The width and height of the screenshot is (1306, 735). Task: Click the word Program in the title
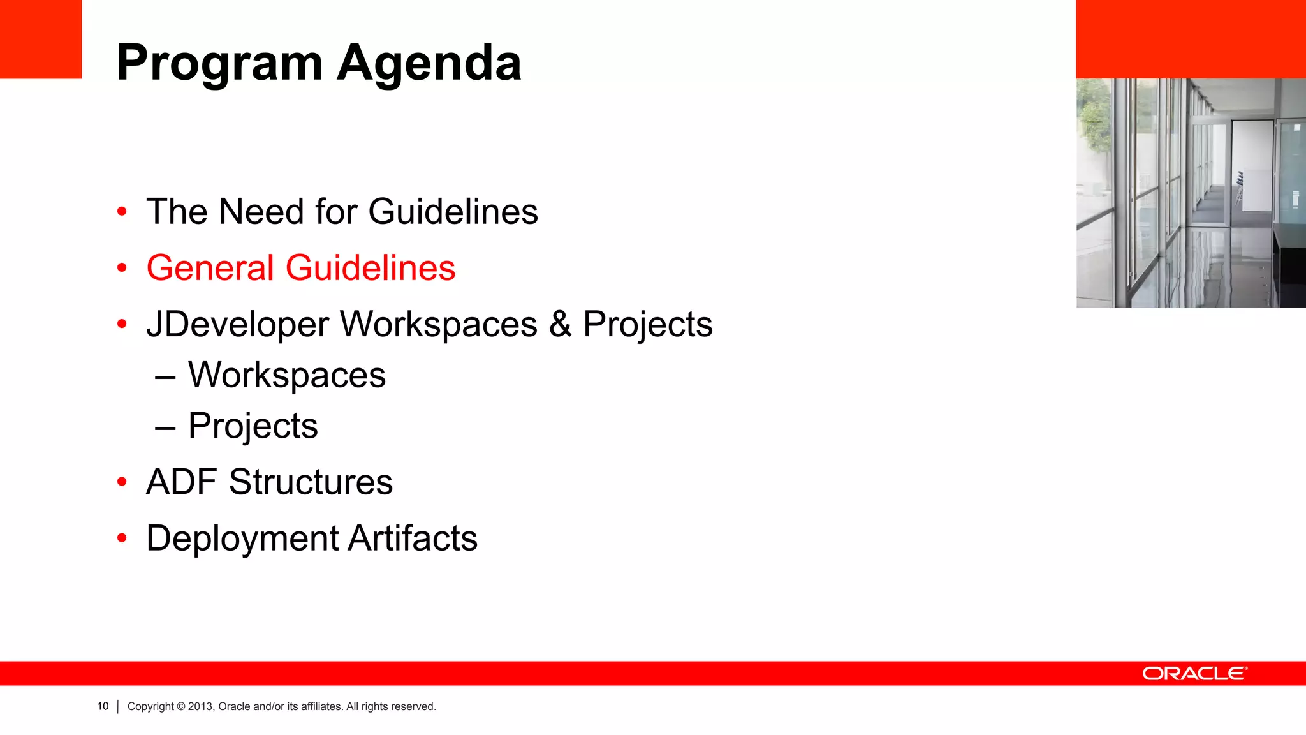click(219, 64)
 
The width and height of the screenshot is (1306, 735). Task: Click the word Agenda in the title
click(429, 64)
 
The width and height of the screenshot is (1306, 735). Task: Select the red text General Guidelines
click(300, 267)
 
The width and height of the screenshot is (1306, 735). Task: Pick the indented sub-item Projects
click(253, 426)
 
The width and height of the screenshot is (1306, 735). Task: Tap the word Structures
click(311, 482)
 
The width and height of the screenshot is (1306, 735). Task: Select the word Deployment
click(242, 538)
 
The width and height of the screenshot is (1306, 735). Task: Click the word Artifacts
click(413, 538)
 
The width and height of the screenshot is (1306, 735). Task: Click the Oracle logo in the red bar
click(1194, 674)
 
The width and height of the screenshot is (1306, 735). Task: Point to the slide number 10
click(103, 706)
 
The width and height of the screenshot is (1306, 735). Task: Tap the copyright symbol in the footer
click(181, 706)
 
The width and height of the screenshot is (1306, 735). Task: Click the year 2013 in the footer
click(200, 706)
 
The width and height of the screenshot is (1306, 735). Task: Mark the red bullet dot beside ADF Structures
click(122, 482)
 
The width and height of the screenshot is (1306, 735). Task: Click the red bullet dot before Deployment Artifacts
click(122, 538)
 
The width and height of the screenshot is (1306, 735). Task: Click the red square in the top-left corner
click(41, 39)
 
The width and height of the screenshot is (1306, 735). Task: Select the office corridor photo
click(1191, 193)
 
